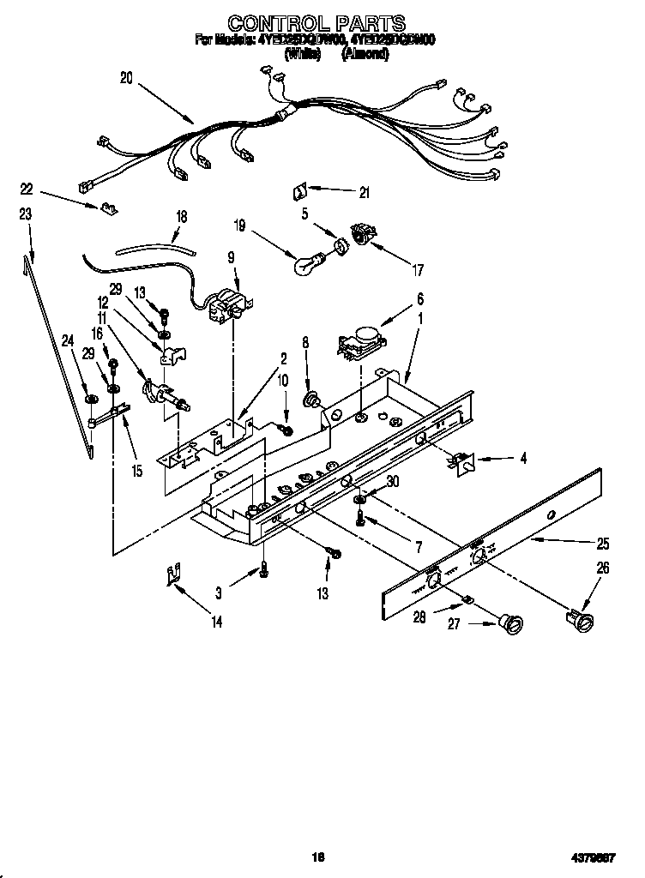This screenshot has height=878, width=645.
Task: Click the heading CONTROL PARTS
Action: click(316, 22)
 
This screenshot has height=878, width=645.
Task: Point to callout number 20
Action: click(126, 78)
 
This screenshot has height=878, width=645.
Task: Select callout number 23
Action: click(26, 214)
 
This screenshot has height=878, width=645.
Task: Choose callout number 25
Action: click(603, 543)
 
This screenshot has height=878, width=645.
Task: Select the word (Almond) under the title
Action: click(365, 53)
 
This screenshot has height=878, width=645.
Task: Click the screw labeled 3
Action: click(264, 567)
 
